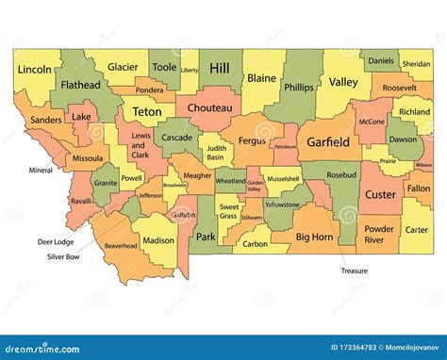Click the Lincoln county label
pos(35,70)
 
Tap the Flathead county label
pos(81,85)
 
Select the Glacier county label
pos(123,67)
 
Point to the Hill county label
pos(220,68)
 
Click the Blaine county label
pos(262,78)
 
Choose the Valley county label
pos(343,82)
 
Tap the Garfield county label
pos(328,142)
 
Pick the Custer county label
pos(380,195)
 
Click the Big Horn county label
pos(314,237)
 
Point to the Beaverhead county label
pos(121,245)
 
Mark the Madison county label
pos(158,240)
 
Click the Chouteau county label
pos(210,108)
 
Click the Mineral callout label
pos(41,171)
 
